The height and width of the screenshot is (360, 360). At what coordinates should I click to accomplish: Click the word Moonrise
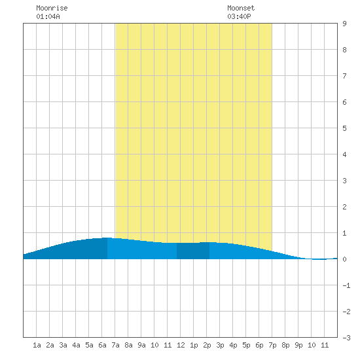click(52, 8)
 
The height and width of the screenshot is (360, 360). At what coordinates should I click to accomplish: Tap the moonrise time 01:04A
click(48, 16)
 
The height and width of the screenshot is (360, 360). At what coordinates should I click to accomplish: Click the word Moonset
click(241, 8)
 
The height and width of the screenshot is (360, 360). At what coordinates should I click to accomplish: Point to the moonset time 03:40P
click(239, 16)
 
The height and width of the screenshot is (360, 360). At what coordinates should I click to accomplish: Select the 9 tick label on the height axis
click(344, 24)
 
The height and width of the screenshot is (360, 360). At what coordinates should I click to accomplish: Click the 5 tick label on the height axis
click(344, 128)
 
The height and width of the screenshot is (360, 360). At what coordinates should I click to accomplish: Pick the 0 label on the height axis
click(344, 259)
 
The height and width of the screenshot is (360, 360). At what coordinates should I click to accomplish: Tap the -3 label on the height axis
click(346, 338)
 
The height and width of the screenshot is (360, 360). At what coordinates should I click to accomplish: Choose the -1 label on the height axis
click(346, 285)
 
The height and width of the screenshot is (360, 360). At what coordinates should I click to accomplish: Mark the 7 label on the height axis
click(344, 76)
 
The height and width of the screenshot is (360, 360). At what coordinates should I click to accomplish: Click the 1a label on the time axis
click(37, 345)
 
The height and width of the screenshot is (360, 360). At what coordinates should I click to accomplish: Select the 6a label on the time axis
click(102, 345)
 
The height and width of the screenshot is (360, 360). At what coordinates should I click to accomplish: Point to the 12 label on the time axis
click(181, 345)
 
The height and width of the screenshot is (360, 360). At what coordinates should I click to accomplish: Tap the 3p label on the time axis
click(220, 345)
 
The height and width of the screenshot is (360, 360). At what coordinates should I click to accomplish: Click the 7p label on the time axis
click(272, 345)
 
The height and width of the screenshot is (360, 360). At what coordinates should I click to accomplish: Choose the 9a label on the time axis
click(141, 345)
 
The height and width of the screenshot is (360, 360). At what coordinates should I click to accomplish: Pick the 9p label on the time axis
click(298, 345)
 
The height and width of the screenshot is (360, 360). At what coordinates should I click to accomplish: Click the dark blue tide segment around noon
click(193, 251)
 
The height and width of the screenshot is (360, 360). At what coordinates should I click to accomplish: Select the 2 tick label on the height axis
click(344, 207)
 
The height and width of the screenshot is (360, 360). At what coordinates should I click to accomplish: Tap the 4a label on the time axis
click(76, 345)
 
